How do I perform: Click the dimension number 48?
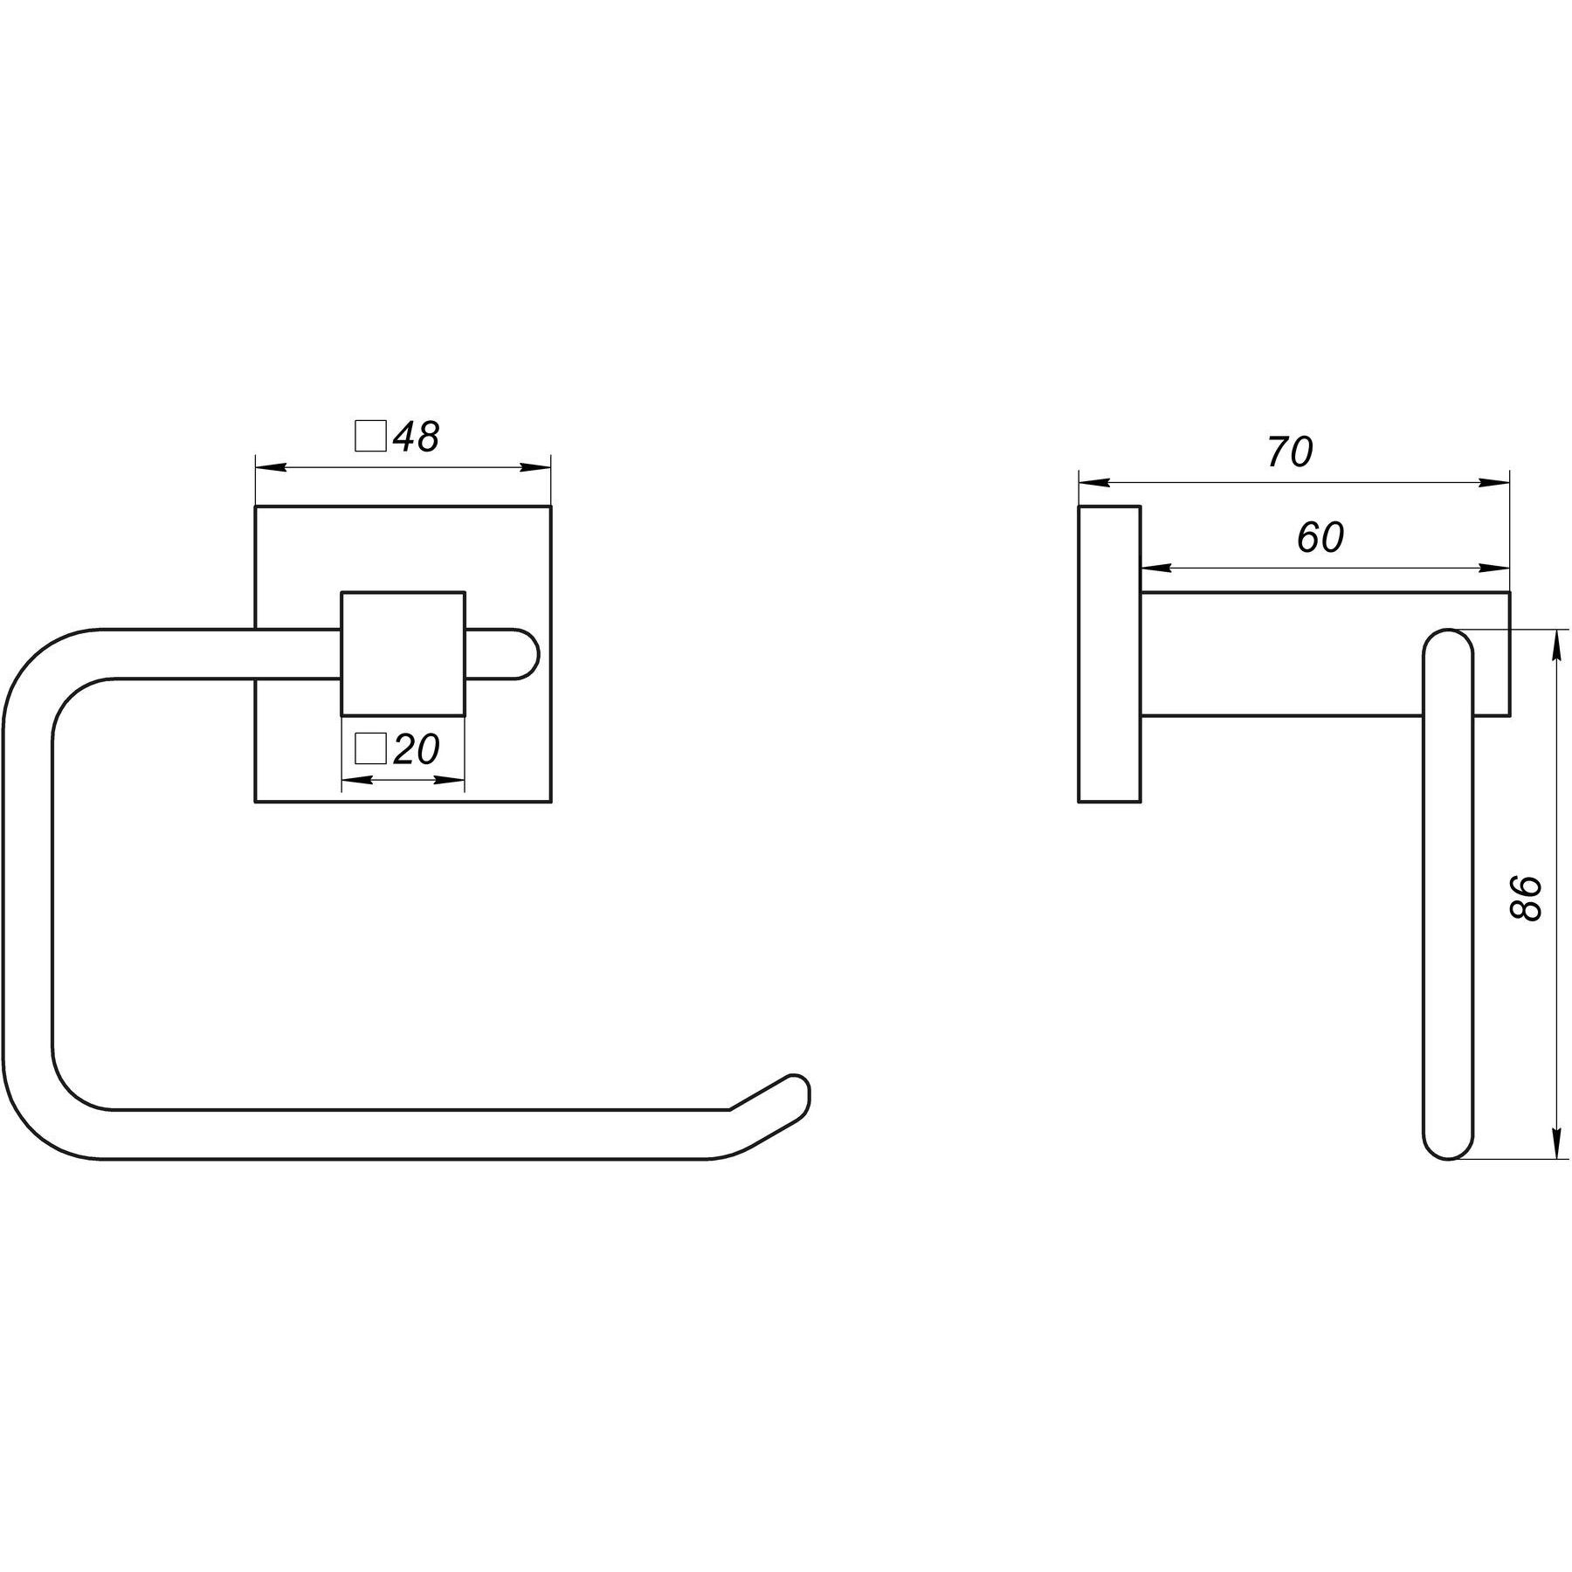click(417, 437)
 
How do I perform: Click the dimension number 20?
click(417, 748)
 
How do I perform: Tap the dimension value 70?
click(1290, 452)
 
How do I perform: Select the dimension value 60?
click(1320, 539)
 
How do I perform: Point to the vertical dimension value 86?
click(1527, 897)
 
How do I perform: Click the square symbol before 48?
click(370, 437)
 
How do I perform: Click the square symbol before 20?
click(370, 748)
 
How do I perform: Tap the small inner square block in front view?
click(403, 653)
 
